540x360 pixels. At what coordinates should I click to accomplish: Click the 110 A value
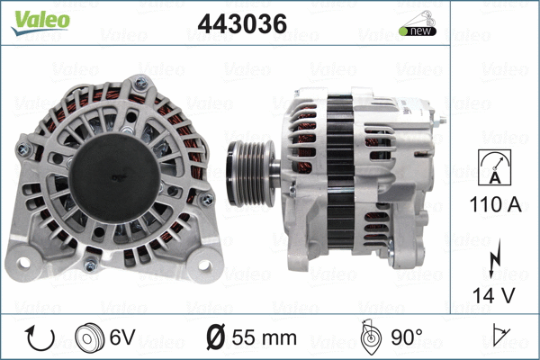pyautogui.click(x=493, y=205)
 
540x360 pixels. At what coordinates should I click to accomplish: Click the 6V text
pyautogui.click(x=123, y=337)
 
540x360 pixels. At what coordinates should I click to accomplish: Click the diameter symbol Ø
pyautogui.click(x=216, y=337)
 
